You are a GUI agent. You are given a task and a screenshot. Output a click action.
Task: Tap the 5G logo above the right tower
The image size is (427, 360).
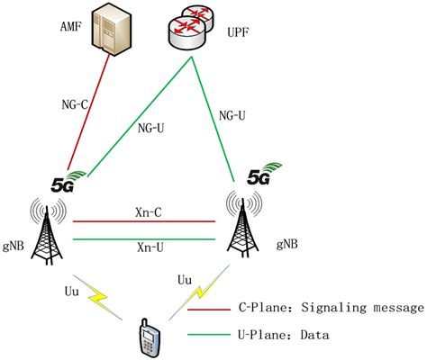pyautogui.click(x=259, y=175)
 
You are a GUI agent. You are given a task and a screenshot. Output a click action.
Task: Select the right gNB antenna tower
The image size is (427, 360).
pyautogui.click(x=239, y=229)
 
